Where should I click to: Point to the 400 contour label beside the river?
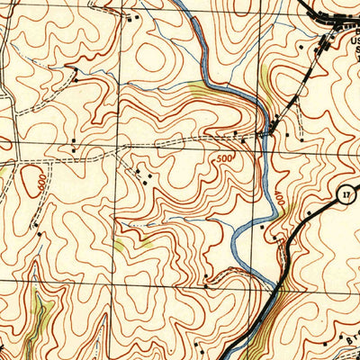click(x=278, y=197)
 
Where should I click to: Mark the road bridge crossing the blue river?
click(x=264, y=135)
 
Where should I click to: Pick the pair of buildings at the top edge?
click(x=134, y=17)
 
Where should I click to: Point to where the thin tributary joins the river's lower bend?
click(x=232, y=240)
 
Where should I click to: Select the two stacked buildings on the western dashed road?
click(x=73, y=144)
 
